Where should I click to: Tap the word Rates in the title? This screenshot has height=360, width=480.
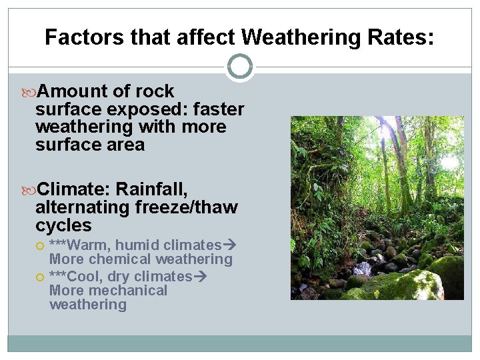(401, 37)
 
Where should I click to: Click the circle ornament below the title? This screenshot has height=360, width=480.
(240, 67)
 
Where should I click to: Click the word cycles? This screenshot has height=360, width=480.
(63, 225)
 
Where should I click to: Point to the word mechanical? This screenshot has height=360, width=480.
(125, 291)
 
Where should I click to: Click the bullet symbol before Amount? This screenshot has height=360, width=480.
(30, 91)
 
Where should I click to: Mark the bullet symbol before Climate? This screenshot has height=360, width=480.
(30, 189)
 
